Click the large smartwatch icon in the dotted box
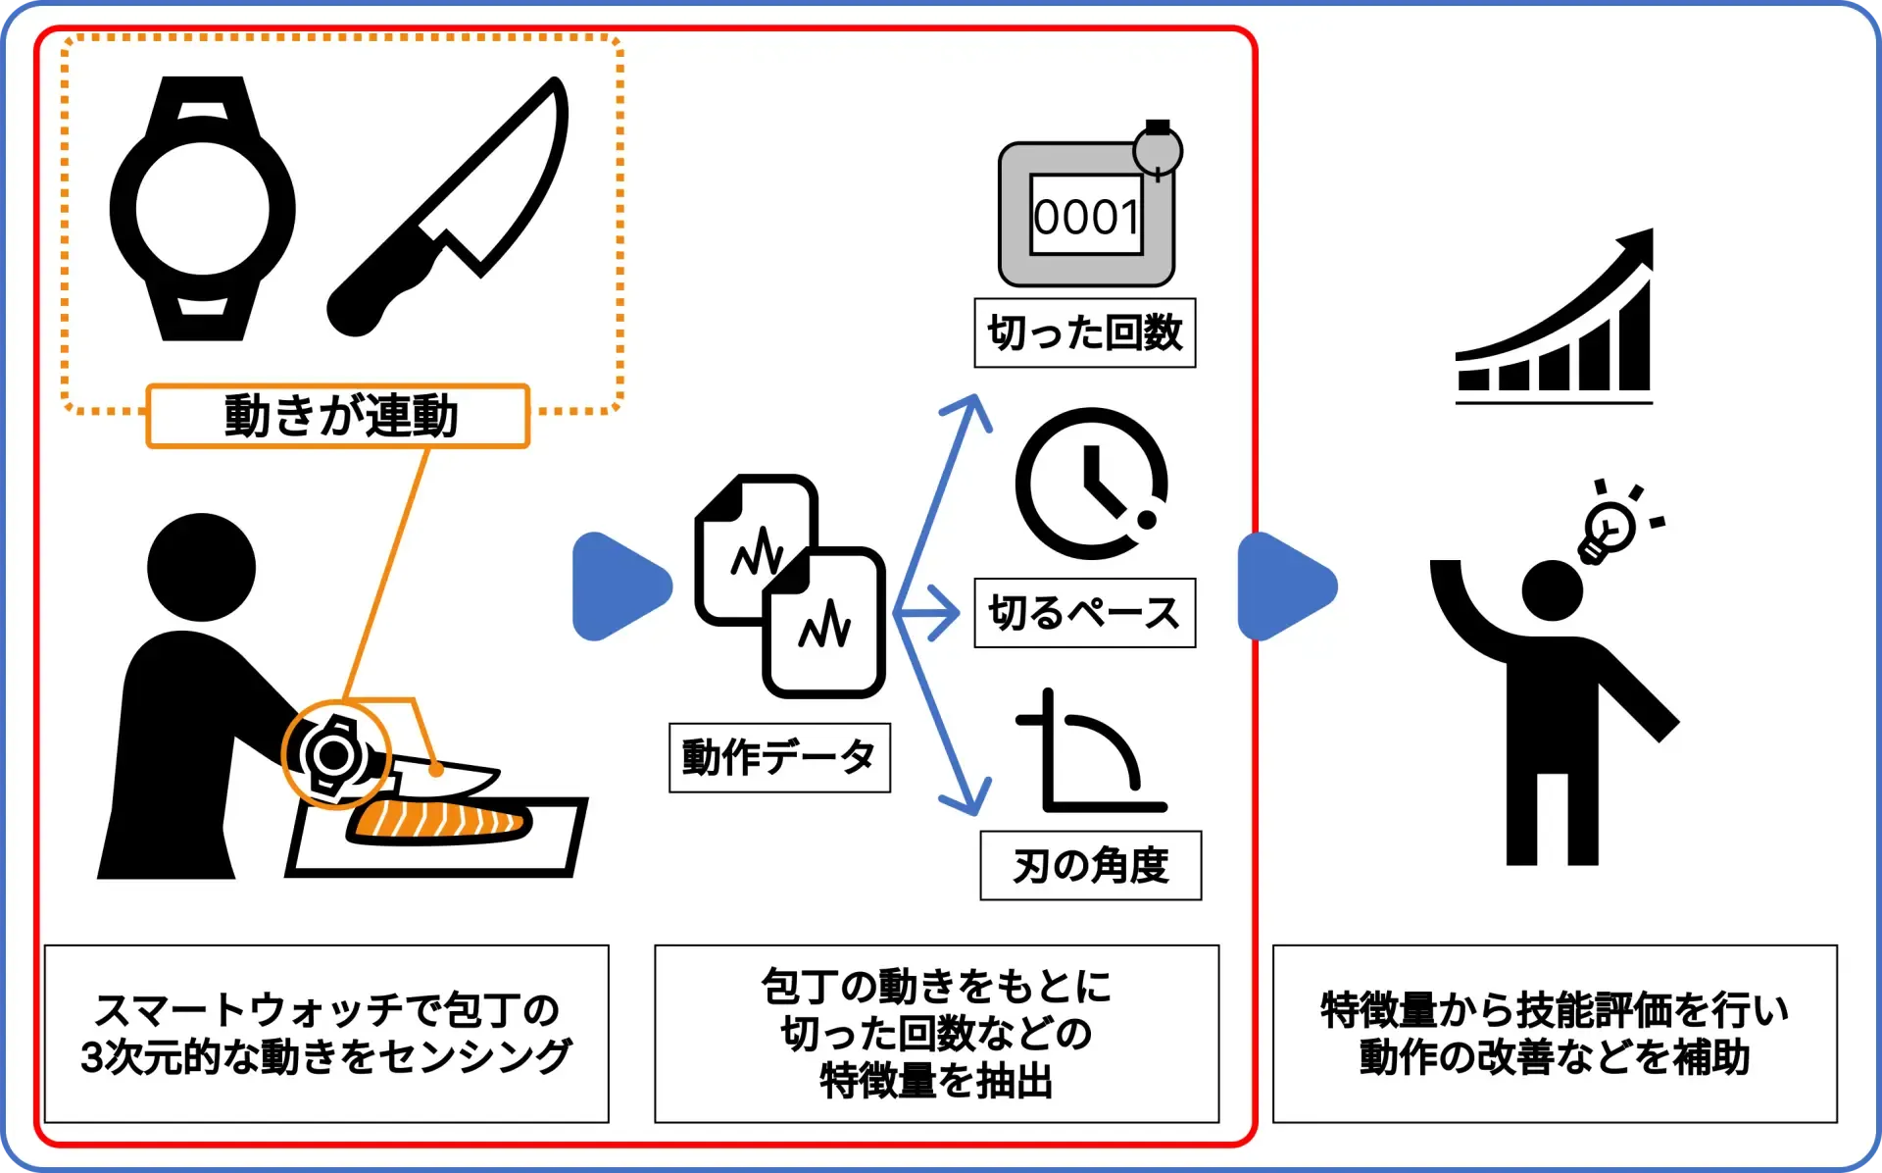(x=202, y=209)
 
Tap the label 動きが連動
(x=338, y=416)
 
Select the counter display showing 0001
(x=1086, y=217)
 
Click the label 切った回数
(x=1084, y=333)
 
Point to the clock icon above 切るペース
(x=1091, y=484)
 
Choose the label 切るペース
(x=1084, y=613)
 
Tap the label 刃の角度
(x=1090, y=866)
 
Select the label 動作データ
(x=779, y=757)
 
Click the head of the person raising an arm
(x=1552, y=591)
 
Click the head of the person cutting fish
(x=201, y=567)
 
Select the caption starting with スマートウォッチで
(x=326, y=1034)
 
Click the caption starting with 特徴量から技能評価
(x=1555, y=1034)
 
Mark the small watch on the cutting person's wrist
(x=333, y=754)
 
